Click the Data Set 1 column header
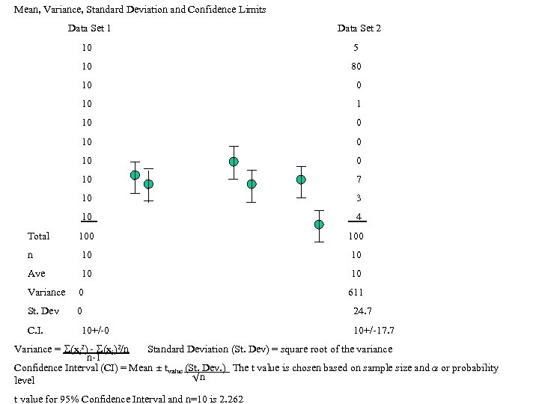pos(90,28)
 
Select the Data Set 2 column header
pos(359,28)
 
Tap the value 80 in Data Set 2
pos(356,66)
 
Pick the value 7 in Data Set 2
pos(359,180)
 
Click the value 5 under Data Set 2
pos(356,47)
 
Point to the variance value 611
pos(356,293)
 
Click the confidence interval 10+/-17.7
pos(374,330)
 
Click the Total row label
pos(38,236)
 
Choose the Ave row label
pos(37,274)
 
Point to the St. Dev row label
pos(43,311)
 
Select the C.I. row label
pos(36,330)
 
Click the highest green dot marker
pos(234,162)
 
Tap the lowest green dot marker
pos(320,224)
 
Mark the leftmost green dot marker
pos(135,175)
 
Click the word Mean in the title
pos(27,10)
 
